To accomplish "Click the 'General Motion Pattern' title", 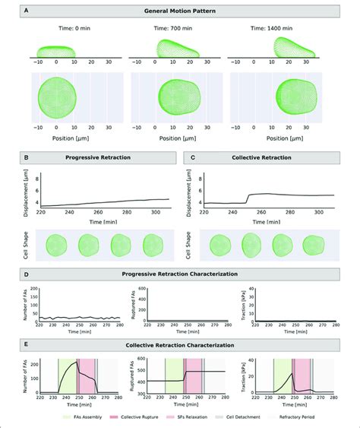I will tap(180, 12).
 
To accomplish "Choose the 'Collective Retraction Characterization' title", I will tap(180, 344).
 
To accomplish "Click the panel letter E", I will tap(28, 344).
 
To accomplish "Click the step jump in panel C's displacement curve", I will tap(248, 199).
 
